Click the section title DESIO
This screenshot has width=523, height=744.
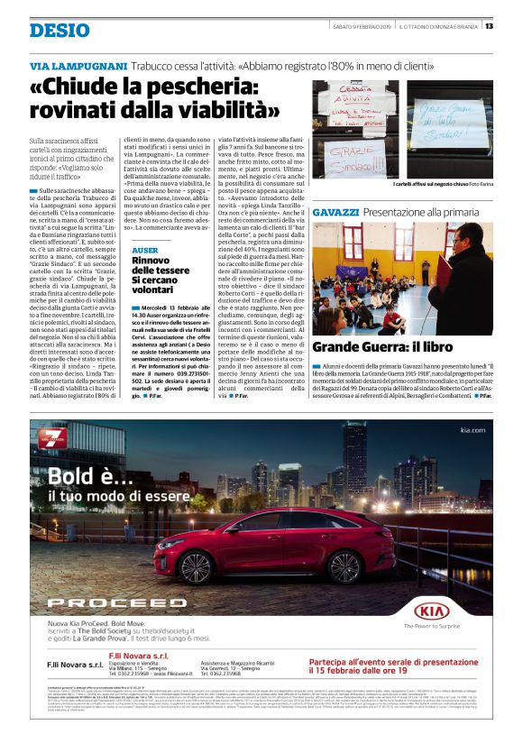[x=60, y=30]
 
